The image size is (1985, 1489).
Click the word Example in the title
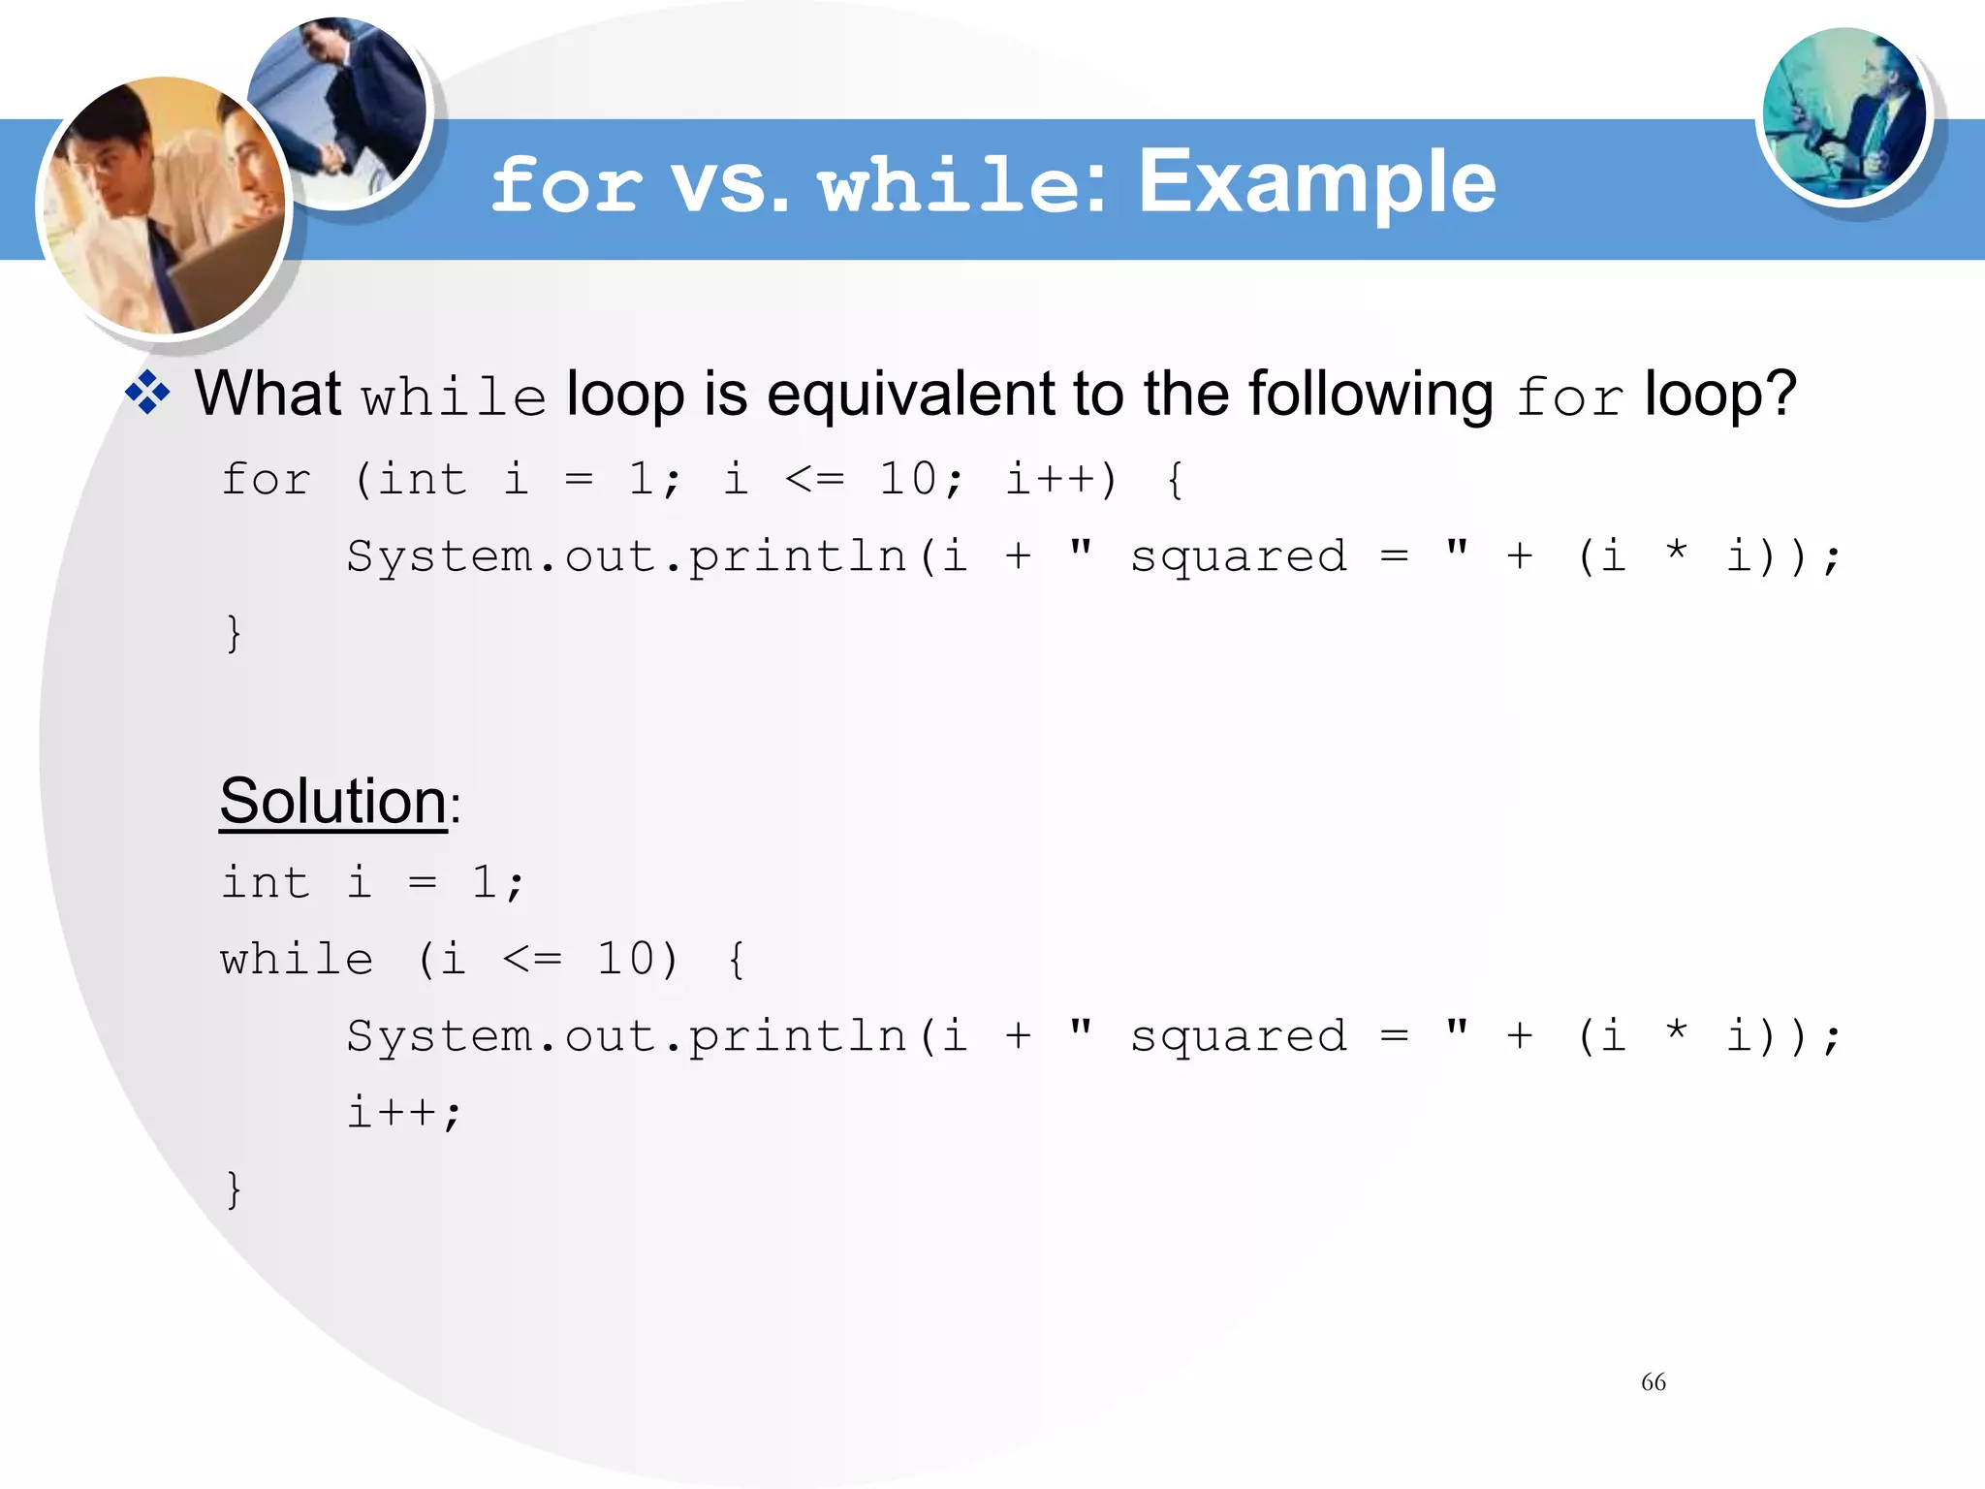1316,182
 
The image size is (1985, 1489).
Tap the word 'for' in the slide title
566,184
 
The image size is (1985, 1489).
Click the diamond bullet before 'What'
148,394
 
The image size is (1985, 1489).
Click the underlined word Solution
332,802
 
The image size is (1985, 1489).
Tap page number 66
1654,1382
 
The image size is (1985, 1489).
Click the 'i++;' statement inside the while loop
404,1112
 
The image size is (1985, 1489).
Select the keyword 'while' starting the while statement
297,960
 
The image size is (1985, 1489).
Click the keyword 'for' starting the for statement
266,480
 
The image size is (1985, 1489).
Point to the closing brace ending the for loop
234,634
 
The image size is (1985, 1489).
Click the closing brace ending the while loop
234,1189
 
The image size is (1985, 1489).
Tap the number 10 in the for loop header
907,479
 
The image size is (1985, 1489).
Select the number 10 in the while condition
625,960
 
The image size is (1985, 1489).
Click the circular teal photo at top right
1843,114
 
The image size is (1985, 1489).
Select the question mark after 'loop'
1780,396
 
